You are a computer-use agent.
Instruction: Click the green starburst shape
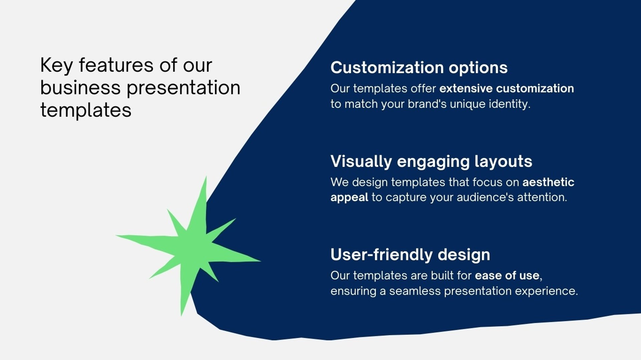[192, 249]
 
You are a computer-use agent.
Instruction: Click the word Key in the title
[56, 65]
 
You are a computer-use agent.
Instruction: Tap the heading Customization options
[419, 68]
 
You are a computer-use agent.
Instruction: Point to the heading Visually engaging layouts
[431, 162]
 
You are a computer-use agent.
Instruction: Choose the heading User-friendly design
[410, 255]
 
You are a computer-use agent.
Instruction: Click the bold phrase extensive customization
[506, 88]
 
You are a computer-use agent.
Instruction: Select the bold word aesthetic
[548, 182]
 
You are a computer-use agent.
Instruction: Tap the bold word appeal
[349, 198]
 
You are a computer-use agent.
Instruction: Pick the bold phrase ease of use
[507, 276]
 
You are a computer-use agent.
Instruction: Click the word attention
[542, 197]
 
